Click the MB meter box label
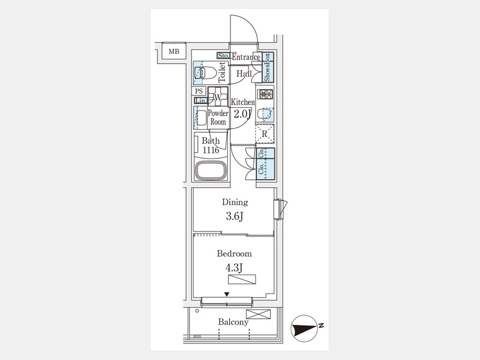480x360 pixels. (x=174, y=51)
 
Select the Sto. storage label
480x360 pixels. (x=223, y=55)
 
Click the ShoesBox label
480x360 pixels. (x=267, y=67)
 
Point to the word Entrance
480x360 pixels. (x=246, y=57)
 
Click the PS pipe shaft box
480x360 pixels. (x=199, y=91)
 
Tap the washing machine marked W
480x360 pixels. (x=218, y=97)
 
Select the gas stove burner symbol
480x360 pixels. (x=265, y=94)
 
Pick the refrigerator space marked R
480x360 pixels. (x=265, y=134)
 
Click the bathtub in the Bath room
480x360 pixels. (x=211, y=170)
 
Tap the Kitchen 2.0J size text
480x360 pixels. (x=243, y=114)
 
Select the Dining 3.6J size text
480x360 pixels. (x=235, y=217)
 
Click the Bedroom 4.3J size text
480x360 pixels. (x=234, y=268)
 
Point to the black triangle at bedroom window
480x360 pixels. (x=227, y=294)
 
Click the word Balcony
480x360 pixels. (x=233, y=322)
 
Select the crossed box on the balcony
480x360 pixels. (x=258, y=314)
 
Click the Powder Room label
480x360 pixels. (x=218, y=117)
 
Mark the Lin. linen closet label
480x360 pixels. (x=201, y=100)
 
